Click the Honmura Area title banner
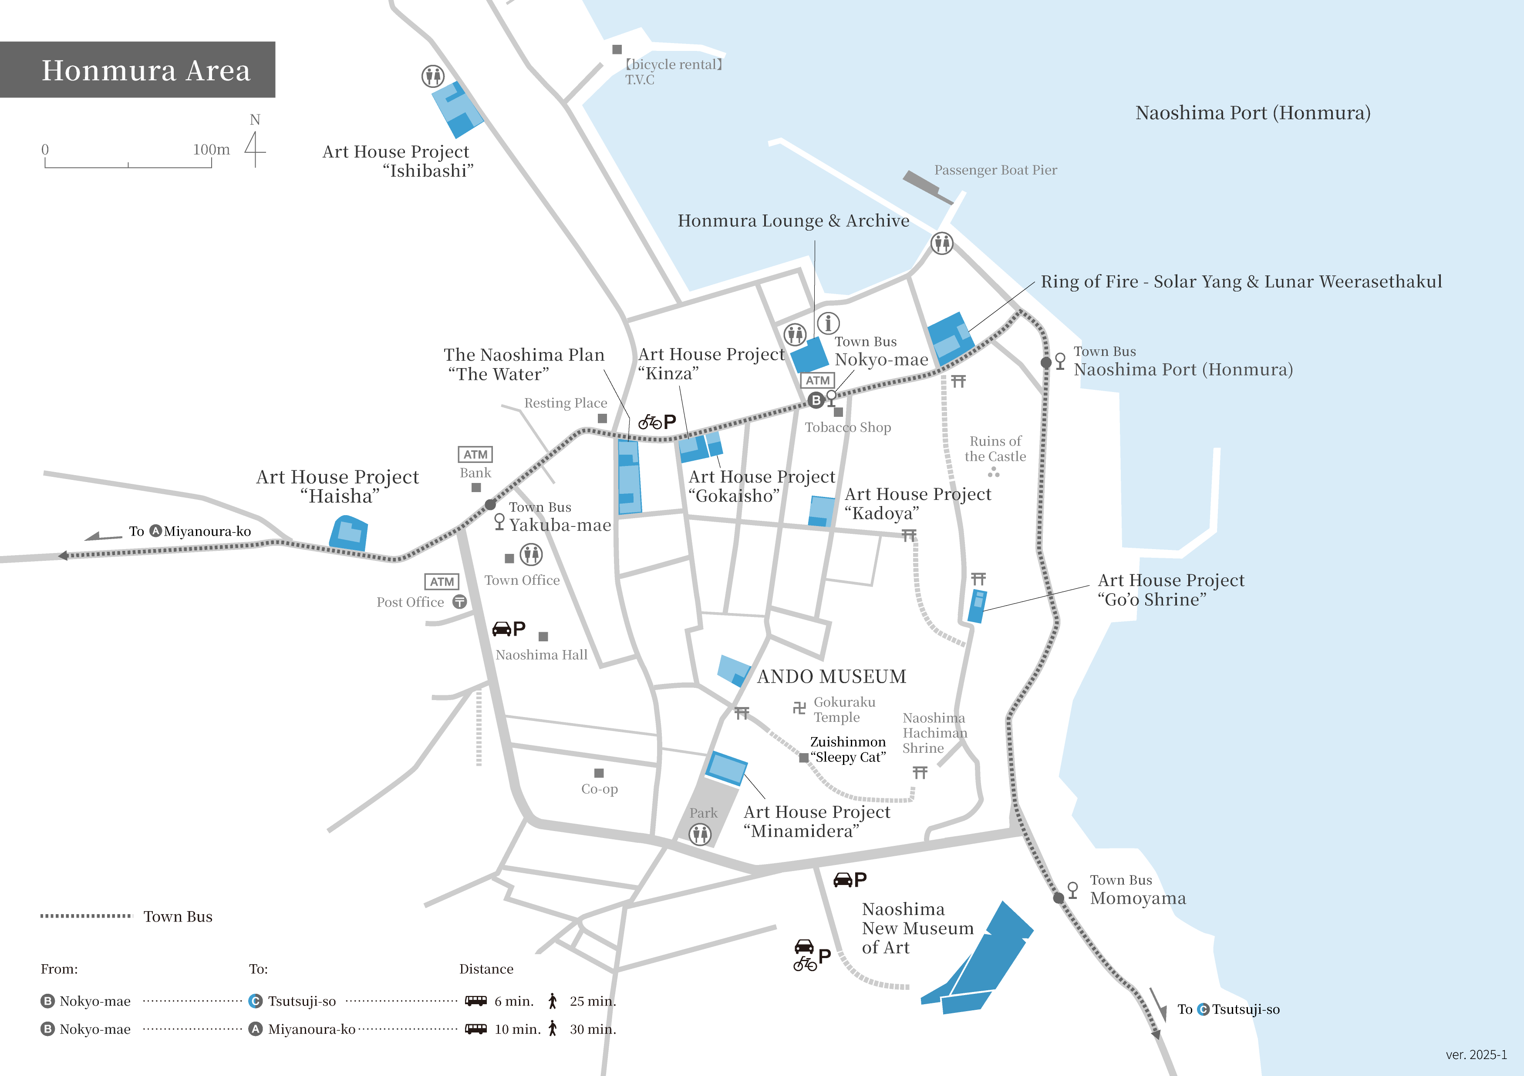click(x=138, y=70)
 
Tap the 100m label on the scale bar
click(x=211, y=150)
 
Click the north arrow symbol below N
click(x=255, y=150)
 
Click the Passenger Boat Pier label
click(x=995, y=170)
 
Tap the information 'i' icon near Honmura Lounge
click(x=828, y=323)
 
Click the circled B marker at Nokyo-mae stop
click(x=816, y=400)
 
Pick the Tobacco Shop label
click(x=848, y=427)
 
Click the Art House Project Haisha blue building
click(x=348, y=533)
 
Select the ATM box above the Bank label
click(x=475, y=454)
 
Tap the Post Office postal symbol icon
click(x=459, y=602)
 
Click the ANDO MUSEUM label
click(x=831, y=676)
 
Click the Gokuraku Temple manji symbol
click(x=799, y=708)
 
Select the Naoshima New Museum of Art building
click(x=982, y=962)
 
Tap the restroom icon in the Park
click(x=700, y=834)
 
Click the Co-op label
click(x=600, y=789)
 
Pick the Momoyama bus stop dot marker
click(x=1059, y=898)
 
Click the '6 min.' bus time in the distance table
click(x=514, y=1001)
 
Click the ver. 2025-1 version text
click(x=1476, y=1055)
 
